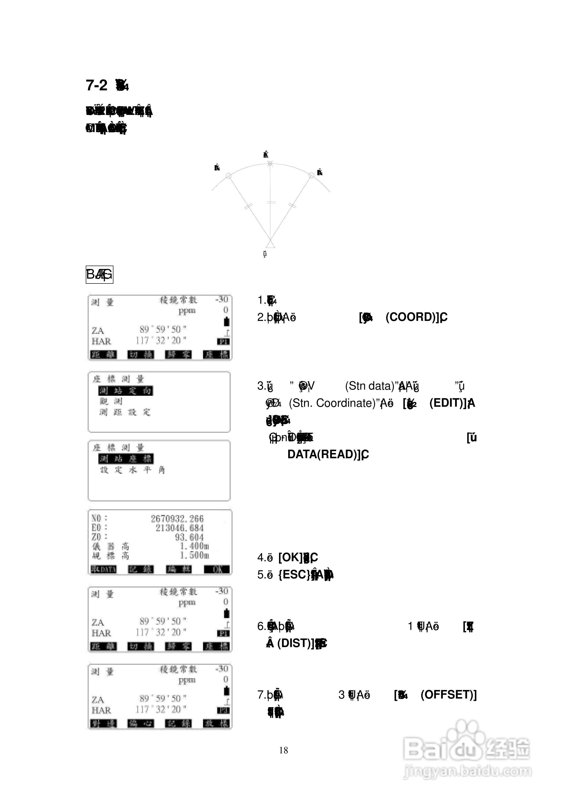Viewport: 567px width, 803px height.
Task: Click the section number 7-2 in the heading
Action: (x=96, y=85)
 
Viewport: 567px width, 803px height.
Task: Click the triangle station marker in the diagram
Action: (x=270, y=243)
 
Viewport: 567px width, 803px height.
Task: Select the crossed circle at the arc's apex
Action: (x=270, y=163)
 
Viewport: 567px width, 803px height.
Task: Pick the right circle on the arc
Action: (x=311, y=175)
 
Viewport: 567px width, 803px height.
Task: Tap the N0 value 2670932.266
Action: (x=177, y=519)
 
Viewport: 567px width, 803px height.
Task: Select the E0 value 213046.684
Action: (x=180, y=528)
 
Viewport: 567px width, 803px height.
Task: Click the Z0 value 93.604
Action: (x=189, y=537)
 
